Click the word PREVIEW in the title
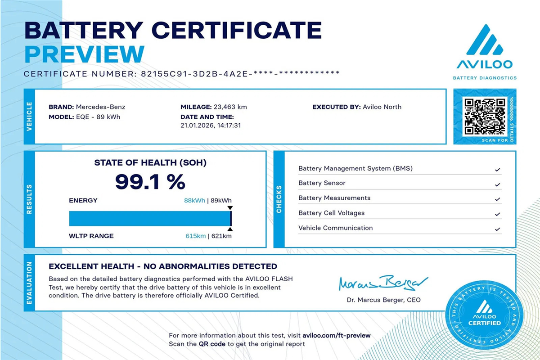[84, 54]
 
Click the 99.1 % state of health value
[150, 181]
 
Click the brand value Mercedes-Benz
[101, 107]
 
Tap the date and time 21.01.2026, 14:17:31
[211, 126]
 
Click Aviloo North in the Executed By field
[382, 107]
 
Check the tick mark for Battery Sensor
[497, 184]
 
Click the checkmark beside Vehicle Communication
[497, 229]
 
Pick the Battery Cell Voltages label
[331, 213]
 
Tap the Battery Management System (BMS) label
[355, 169]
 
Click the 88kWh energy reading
[194, 201]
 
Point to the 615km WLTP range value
[196, 236]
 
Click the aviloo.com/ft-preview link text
[336, 336]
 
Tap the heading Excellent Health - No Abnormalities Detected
[163, 266]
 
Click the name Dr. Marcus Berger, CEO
[383, 300]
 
